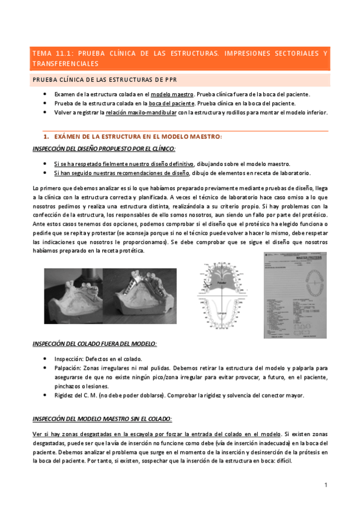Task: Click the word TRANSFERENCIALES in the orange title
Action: (66, 63)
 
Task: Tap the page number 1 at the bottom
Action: (325, 484)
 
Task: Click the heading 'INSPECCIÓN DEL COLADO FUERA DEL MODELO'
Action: (95, 343)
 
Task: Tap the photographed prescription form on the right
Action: (294, 295)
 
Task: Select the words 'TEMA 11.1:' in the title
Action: (52, 53)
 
